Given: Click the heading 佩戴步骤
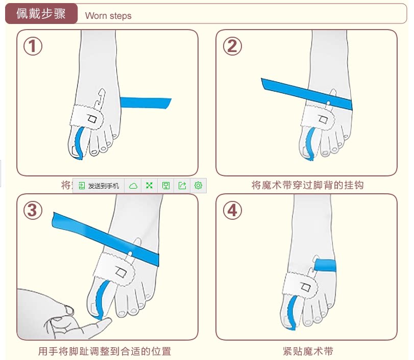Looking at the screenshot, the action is point(41,14).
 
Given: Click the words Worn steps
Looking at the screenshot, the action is point(108,16).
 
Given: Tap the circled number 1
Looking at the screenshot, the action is point(33,46).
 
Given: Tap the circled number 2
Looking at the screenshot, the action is point(232,46).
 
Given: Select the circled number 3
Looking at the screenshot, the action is point(33,210).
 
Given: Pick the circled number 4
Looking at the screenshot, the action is point(232,210).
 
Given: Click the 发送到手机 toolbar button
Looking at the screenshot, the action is point(99,186).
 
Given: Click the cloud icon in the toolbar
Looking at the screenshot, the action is point(133,186).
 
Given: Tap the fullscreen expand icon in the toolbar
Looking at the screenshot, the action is point(150,186).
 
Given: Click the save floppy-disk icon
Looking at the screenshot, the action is point(166,186).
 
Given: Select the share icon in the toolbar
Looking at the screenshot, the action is point(182,186).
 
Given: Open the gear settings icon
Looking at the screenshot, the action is point(199,186).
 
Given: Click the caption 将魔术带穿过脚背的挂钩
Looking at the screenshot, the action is point(307,185).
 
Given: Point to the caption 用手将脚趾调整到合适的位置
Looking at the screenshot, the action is point(105,351).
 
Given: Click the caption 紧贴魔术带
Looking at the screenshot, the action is point(308,351).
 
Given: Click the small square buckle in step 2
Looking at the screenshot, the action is point(323,121).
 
